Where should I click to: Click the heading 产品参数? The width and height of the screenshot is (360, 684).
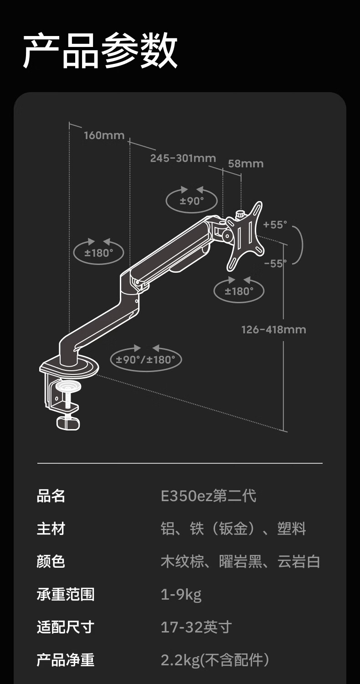(100, 51)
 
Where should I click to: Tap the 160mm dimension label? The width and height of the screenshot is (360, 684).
(104, 135)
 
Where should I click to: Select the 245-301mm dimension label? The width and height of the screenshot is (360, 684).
(183, 158)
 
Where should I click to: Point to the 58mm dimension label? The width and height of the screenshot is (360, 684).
(246, 163)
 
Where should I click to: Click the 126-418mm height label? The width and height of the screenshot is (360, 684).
(273, 329)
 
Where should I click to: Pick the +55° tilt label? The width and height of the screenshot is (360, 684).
(275, 225)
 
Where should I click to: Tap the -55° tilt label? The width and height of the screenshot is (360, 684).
(275, 263)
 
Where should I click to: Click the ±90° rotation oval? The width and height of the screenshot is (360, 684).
(191, 201)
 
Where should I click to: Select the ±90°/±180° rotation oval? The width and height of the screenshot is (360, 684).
(146, 359)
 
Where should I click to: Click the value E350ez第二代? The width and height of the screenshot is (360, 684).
(208, 496)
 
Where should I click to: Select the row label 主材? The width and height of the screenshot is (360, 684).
(51, 529)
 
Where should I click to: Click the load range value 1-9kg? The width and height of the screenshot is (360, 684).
(181, 595)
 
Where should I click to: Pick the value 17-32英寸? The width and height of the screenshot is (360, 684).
(196, 627)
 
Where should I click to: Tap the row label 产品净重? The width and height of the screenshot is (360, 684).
(66, 660)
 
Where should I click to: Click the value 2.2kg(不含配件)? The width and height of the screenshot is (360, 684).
(215, 660)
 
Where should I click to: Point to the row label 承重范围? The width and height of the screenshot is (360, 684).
(66, 595)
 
